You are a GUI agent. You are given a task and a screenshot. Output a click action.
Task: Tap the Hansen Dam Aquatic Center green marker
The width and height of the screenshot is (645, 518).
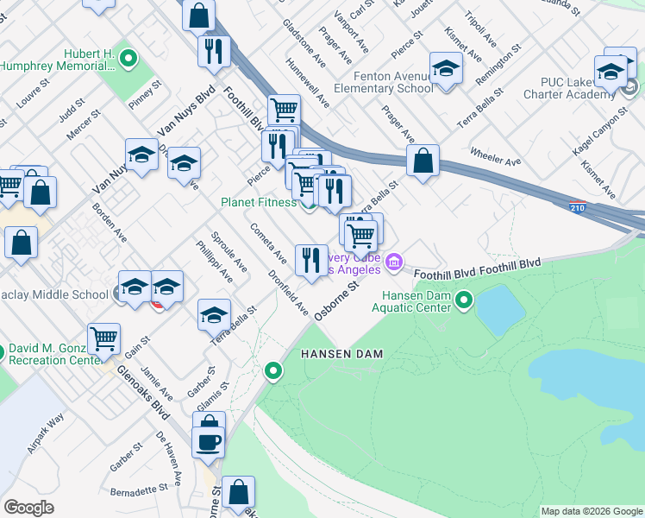[x=464, y=300]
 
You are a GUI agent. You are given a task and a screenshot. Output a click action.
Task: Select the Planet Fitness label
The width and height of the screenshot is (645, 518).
[x=258, y=202]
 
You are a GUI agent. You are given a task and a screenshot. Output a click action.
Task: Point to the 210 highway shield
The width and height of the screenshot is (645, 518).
[x=579, y=207]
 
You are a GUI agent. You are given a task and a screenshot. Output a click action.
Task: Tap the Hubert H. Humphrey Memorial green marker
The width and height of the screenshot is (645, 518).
[x=128, y=59]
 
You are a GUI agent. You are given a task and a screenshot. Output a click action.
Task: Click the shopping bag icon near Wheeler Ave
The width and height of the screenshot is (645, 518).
[x=423, y=161]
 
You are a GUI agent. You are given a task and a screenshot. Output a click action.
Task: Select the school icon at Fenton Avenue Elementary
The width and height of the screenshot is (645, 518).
[x=446, y=68]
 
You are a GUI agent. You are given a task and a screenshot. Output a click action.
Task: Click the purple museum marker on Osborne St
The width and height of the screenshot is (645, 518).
[x=394, y=261]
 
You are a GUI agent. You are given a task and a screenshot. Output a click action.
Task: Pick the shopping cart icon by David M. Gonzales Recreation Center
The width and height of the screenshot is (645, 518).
[x=103, y=339]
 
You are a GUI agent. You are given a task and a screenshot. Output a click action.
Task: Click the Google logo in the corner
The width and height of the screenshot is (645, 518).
[x=28, y=508]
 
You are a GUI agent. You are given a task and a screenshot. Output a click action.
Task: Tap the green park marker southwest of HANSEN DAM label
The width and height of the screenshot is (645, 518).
[x=273, y=371]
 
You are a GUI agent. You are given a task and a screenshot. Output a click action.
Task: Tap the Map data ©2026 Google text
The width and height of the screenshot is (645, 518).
[x=591, y=511]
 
